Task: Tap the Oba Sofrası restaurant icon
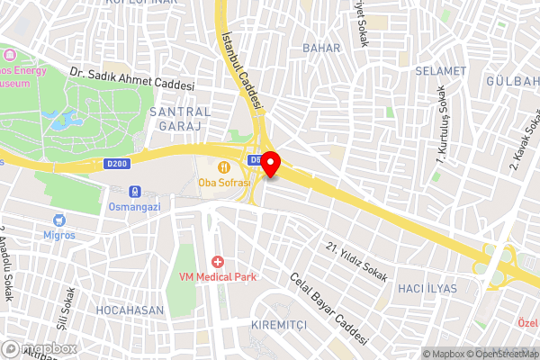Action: tap(222, 166)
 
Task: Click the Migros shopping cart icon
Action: tap(59, 220)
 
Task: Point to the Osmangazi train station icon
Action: tap(135, 191)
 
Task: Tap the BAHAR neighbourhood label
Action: tap(321, 47)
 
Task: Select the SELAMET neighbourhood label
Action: tap(441, 70)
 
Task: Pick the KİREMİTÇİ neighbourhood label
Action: tap(279, 324)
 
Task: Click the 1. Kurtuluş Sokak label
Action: tap(443, 125)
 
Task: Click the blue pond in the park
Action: tap(66, 120)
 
